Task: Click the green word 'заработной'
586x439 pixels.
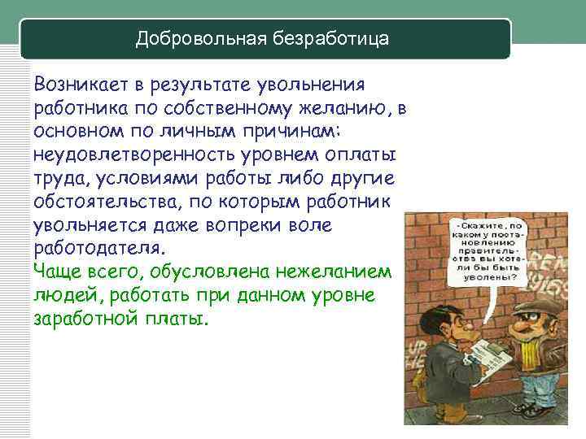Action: (x=82, y=318)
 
